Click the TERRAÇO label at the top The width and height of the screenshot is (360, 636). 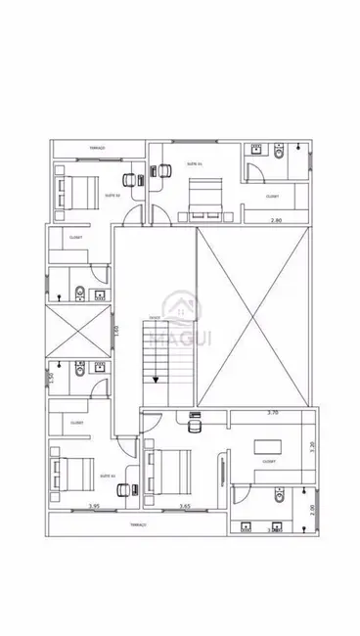(97, 148)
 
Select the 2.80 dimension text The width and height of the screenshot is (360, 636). (277, 220)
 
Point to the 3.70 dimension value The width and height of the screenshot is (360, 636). (273, 414)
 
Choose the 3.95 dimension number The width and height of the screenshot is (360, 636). (94, 506)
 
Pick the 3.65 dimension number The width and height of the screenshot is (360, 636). (184, 506)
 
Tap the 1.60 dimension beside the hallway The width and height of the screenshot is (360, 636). (115, 331)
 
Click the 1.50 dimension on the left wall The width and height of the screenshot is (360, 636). (49, 378)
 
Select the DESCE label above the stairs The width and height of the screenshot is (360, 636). (155, 319)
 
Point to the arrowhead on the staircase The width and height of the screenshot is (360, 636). (155, 381)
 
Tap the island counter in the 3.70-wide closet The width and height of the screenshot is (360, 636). (267, 446)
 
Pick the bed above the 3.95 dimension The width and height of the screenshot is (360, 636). (71, 477)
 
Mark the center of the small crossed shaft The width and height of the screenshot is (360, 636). (76, 333)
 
